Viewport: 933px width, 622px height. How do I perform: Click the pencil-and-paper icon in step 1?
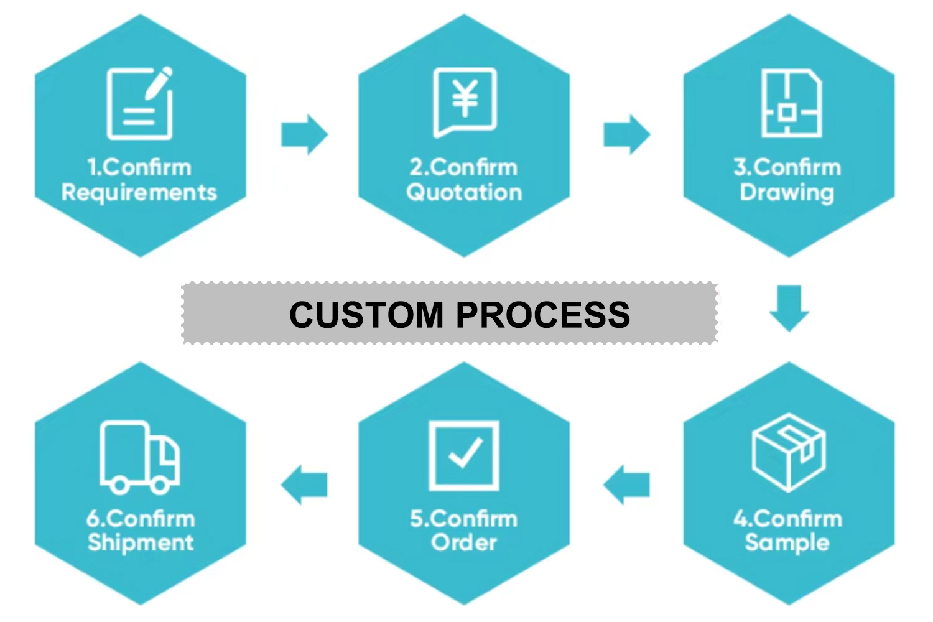click(140, 103)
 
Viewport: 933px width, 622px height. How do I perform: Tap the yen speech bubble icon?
click(465, 102)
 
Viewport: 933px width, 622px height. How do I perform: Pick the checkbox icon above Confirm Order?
click(464, 455)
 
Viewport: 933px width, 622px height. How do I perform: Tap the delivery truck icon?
click(140, 457)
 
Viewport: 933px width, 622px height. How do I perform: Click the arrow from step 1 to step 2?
click(304, 134)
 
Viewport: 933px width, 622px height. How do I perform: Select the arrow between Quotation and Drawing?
click(626, 134)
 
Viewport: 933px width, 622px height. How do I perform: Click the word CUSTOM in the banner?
click(366, 314)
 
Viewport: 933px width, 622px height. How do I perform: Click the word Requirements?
click(139, 193)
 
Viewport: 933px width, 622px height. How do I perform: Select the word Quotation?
click(464, 193)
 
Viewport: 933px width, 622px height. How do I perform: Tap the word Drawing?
click(787, 193)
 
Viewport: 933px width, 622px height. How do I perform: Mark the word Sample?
click(787, 543)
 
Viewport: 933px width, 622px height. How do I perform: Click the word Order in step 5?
click(464, 543)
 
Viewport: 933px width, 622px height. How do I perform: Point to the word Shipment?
click(141, 543)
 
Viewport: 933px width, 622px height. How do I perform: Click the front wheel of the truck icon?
click(160, 485)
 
